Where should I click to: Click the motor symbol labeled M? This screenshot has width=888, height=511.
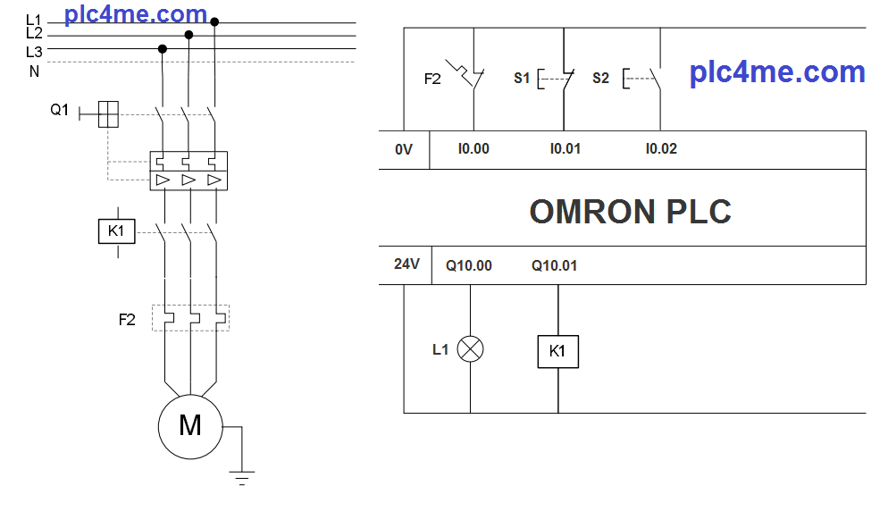tap(189, 425)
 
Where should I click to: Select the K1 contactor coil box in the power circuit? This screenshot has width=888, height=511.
tap(116, 231)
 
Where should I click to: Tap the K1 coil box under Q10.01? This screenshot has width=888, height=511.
tap(557, 351)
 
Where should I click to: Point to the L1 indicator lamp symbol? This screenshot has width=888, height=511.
tap(470, 349)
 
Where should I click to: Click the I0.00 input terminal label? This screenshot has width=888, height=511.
tap(473, 149)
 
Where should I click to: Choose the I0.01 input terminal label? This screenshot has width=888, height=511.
tap(565, 149)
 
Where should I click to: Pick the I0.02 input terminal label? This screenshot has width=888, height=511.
tap(661, 149)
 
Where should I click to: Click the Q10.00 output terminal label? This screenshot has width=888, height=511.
tap(468, 265)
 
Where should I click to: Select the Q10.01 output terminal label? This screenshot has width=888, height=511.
tap(554, 265)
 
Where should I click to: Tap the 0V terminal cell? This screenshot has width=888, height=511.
tap(404, 149)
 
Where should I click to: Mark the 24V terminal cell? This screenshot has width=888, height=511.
tap(406, 264)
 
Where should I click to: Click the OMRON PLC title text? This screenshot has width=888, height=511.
tap(630, 212)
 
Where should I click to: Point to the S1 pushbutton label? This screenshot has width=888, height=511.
tap(522, 79)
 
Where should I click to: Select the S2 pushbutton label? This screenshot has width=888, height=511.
tap(600, 79)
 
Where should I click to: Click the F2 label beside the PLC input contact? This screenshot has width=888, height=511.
tap(432, 79)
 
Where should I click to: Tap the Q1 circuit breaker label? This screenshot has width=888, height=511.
tap(59, 110)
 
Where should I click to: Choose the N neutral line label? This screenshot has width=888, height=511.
tap(34, 71)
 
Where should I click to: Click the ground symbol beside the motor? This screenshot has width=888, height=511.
tap(241, 476)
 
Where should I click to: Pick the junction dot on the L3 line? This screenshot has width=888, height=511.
tap(163, 48)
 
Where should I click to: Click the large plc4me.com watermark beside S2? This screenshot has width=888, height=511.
tap(777, 71)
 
